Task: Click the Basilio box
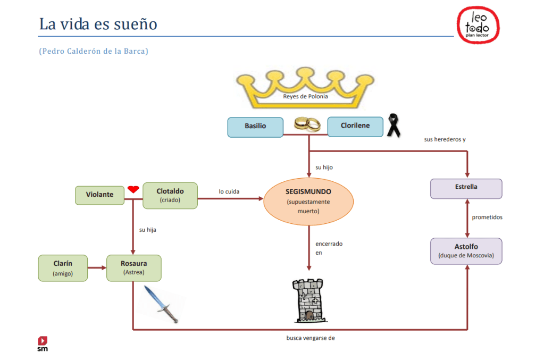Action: tap(255, 127)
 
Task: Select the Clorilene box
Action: tap(355, 126)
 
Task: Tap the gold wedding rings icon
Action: tap(307, 124)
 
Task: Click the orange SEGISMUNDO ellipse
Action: tap(308, 200)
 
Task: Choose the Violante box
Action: tap(99, 195)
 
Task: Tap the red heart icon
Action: tap(133, 189)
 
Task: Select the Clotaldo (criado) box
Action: tap(170, 195)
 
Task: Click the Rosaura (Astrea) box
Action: tap(133, 267)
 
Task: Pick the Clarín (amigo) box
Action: tap(63, 267)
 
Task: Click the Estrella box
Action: tap(466, 188)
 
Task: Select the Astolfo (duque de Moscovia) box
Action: tap(466, 250)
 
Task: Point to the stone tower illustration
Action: tap(308, 300)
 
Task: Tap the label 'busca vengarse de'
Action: tap(311, 338)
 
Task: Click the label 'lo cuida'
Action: tap(229, 191)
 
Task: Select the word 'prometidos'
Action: tap(487, 217)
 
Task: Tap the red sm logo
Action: tap(43, 343)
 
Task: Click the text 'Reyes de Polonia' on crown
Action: tap(305, 97)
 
